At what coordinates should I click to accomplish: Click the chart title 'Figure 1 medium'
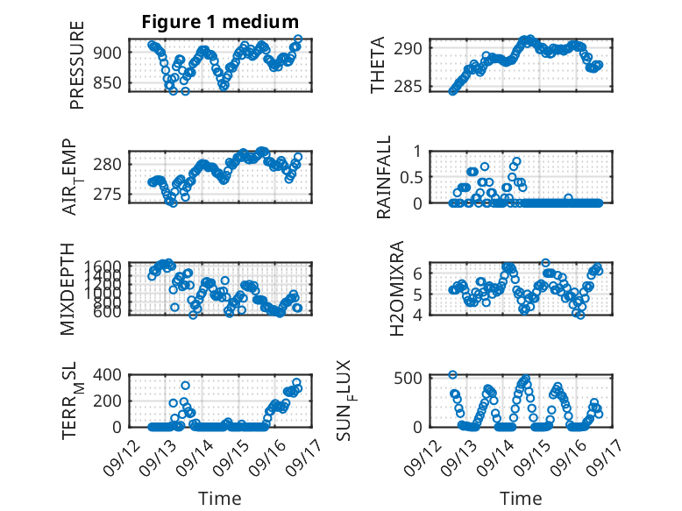click(x=220, y=22)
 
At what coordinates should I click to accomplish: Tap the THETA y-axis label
click(x=378, y=67)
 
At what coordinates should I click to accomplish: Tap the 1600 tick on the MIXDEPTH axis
click(x=108, y=266)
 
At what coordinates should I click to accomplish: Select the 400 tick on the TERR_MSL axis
click(x=111, y=374)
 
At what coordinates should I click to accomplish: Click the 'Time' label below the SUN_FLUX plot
click(x=521, y=498)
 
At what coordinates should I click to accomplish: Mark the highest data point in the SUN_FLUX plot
click(x=453, y=374)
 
